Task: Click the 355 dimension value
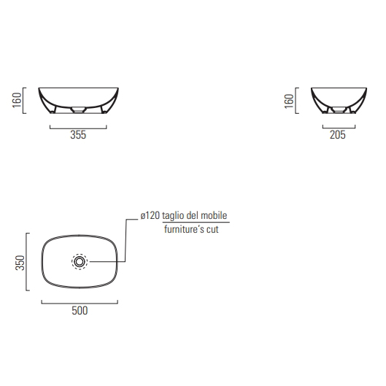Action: tap(78, 135)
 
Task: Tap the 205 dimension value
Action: tap(338, 135)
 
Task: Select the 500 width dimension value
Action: tap(80, 311)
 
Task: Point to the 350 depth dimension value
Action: tap(20, 263)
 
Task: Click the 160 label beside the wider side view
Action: tap(17, 100)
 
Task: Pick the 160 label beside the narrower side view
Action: tap(289, 101)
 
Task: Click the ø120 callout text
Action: tap(150, 216)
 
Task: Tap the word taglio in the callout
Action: tap(173, 216)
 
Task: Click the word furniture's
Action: tap(184, 229)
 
